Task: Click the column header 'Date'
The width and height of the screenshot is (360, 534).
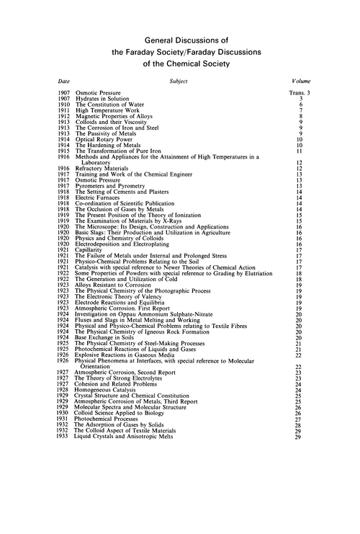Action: (x=65, y=83)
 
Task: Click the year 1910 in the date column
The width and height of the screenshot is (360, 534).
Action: (x=65, y=106)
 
